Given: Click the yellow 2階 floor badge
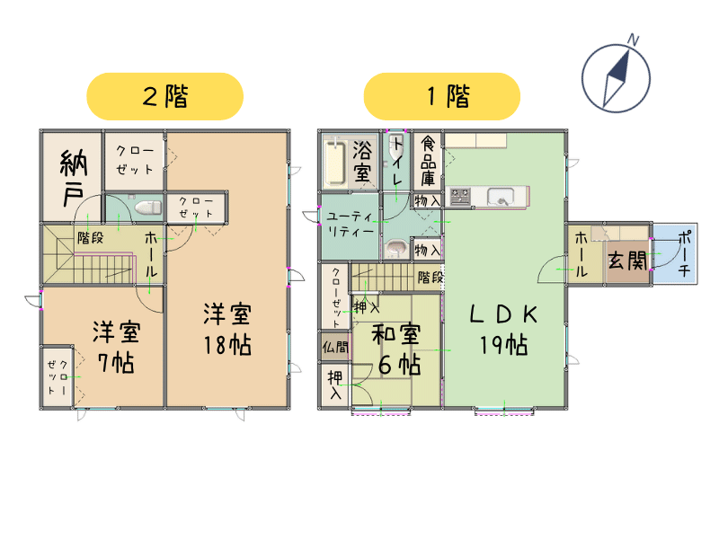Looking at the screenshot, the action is point(164,96).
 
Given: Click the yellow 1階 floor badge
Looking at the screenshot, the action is point(442,96).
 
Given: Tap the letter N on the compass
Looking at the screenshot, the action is point(634,40).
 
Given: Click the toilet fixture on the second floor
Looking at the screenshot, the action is point(148,208).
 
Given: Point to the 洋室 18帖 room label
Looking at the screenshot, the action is point(227,329).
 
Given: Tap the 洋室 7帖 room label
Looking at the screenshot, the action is point(116,347).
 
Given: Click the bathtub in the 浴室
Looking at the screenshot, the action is point(334,163).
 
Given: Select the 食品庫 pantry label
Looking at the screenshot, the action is point(428,161).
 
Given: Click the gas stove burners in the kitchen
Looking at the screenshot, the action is point(460,197).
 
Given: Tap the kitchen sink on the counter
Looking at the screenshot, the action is point(501,197).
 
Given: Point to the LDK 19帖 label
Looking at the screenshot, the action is point(503,330).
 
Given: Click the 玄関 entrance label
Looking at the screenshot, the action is point(627,260).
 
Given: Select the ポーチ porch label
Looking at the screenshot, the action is point(684,253).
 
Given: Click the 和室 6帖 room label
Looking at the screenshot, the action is point(396,349).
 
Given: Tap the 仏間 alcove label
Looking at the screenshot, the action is point(335,347).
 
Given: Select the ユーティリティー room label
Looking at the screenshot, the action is point(350,224).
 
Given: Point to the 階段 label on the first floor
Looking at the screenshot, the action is point(431,277).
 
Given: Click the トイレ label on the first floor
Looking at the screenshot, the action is point(396,162).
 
